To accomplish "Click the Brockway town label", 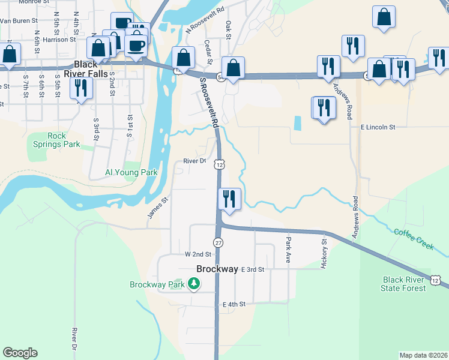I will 217,269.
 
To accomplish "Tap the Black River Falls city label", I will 92,69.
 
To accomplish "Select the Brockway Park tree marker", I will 193,283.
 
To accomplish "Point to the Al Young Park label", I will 131,173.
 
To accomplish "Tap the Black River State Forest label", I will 404,284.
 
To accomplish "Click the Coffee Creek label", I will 414,238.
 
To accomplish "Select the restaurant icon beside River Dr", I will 229,199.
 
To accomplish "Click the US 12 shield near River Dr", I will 220,164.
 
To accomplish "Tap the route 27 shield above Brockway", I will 218,243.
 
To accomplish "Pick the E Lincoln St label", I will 378,127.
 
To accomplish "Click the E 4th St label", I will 234,305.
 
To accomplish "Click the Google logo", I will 20,353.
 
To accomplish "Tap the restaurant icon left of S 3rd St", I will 79,88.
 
